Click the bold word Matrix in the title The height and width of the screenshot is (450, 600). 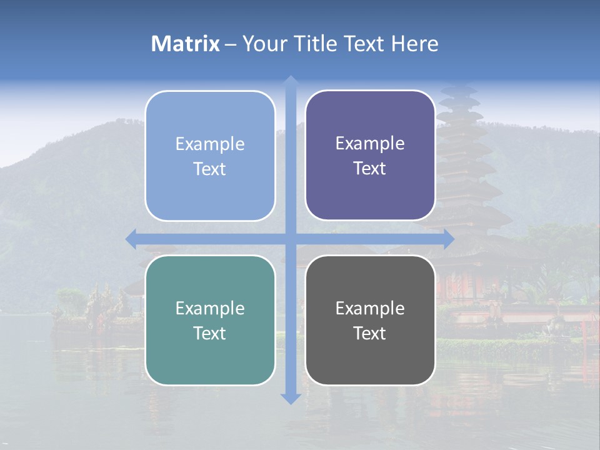[186, 44]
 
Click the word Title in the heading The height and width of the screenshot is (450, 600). [313, 44]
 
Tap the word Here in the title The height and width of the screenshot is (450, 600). [414, 44]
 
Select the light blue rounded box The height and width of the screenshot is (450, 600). [210, 156]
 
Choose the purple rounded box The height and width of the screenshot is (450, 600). [370, 156]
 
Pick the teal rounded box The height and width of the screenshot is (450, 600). [210, 320]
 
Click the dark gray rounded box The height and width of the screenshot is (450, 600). [370, 320]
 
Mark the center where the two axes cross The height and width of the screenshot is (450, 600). [290, 239]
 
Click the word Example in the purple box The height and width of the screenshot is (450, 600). [370, 143]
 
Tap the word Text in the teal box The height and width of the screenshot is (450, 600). [210, 333]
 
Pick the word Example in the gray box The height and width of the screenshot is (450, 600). [370, 308]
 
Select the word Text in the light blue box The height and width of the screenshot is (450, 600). [210, 169]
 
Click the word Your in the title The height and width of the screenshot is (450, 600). [262, 44]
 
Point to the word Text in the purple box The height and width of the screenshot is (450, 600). [370, 168]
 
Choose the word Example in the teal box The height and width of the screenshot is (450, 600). [210, 308]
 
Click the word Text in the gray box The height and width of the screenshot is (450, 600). [370, 333]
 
